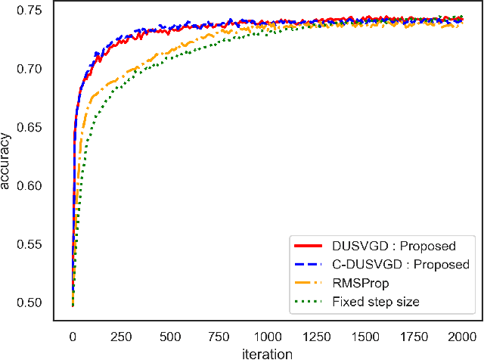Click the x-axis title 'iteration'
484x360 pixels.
267,352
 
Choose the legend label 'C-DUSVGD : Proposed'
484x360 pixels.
401,265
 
